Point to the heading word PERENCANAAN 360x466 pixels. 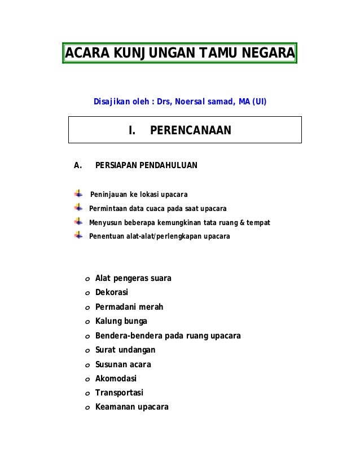pos(191,131)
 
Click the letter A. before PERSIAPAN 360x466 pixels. pos(78,165)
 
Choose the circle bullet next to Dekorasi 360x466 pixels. pos(87,293)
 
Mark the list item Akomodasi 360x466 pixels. pos(116,379)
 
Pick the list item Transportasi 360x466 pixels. pos(119,393)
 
